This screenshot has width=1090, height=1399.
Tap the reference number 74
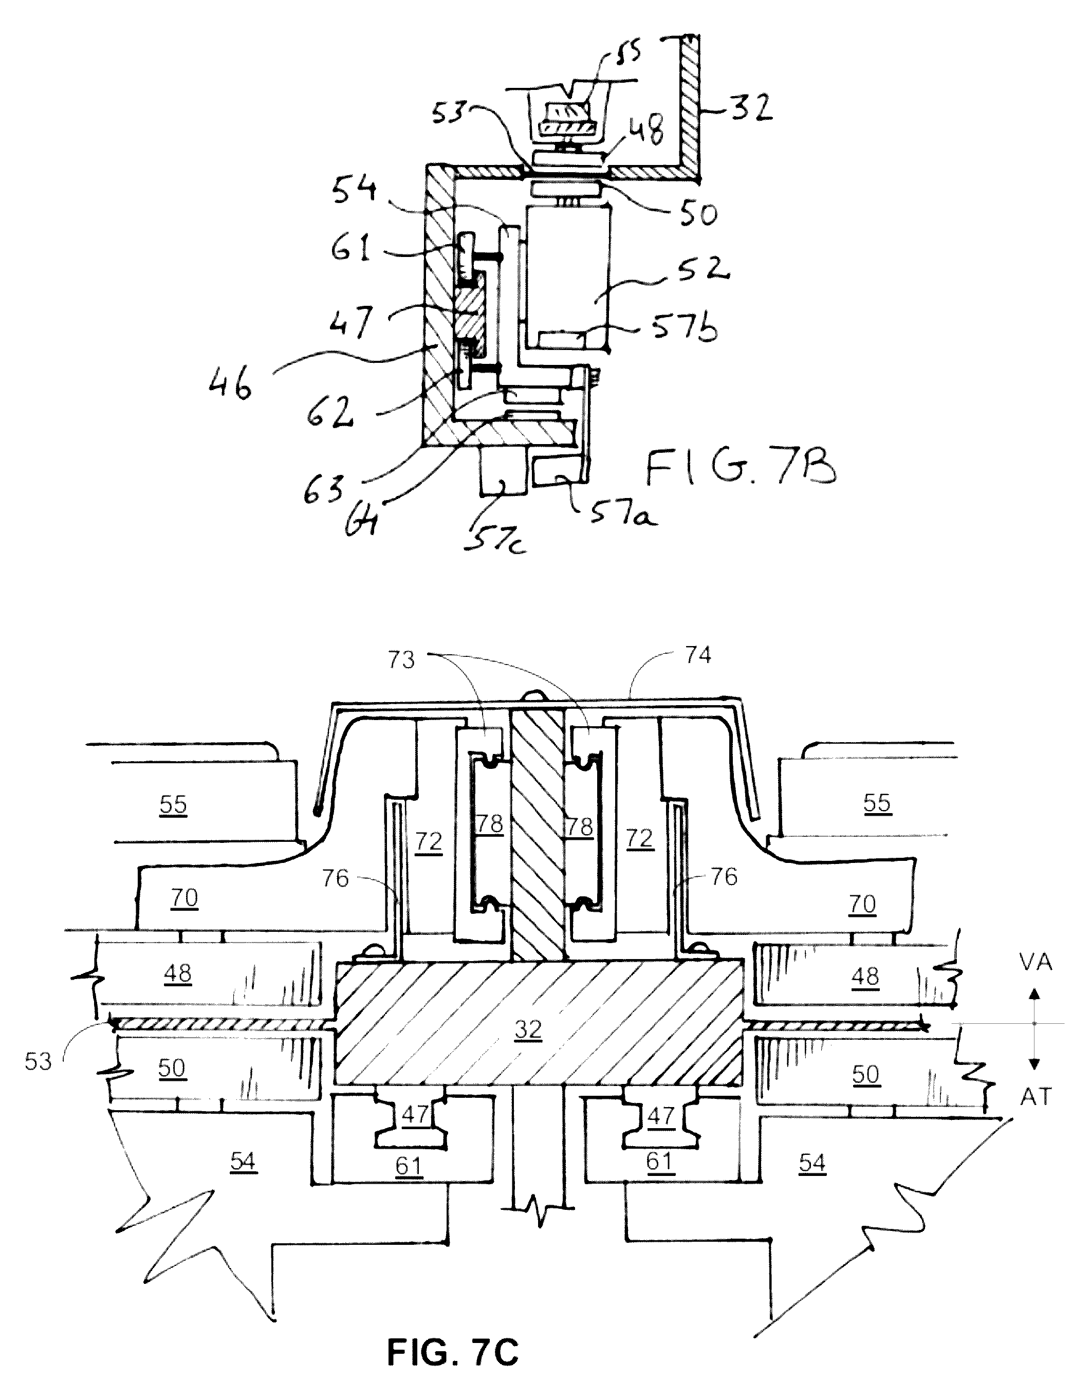point(697,655)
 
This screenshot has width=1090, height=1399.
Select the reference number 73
point(401,660)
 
